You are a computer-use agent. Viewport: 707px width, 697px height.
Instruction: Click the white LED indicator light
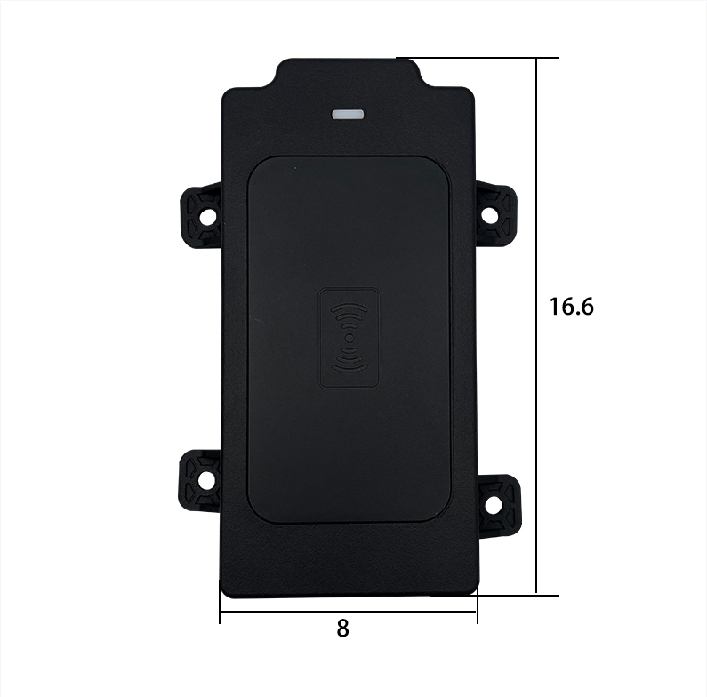click(x=348, y=115)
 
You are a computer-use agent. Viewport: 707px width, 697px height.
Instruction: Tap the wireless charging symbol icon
click(x=349, y=338)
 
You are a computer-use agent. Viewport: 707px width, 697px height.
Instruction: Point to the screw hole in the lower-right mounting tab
click(x=492, y=504)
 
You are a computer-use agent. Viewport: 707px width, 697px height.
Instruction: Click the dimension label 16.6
click(x=571, y=307)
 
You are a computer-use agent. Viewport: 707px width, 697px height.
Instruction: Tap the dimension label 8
click(x=342, y=629)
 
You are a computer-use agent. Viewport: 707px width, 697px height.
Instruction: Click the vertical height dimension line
click(x=536, y=325)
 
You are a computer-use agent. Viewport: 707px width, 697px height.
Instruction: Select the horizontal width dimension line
click(x=348, y=612)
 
